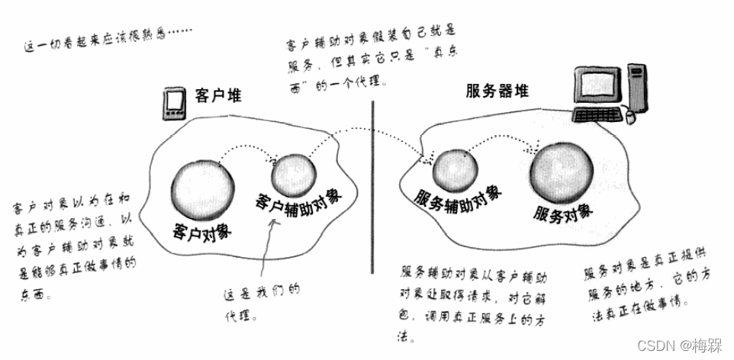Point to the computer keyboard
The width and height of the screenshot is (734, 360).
point(600,115)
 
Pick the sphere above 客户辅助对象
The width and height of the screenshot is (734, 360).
point(291,175)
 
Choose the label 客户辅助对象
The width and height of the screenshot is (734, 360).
point(299,201)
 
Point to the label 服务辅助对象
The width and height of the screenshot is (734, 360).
point(458,198)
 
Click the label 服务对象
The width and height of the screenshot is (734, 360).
point(563,212)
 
